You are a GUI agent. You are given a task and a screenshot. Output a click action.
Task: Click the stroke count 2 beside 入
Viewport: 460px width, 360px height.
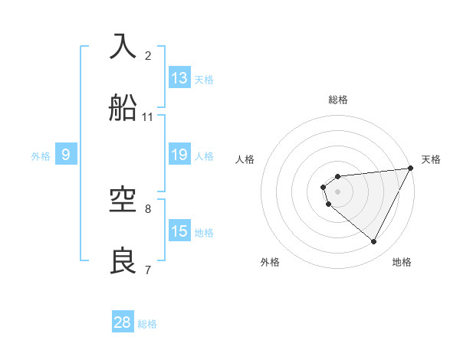(x=148, y=56)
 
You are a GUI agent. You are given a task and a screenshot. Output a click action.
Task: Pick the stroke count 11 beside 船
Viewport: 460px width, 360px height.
(x=148, y=117)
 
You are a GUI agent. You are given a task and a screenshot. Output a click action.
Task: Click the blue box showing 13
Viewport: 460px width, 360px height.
(x=179, y=78)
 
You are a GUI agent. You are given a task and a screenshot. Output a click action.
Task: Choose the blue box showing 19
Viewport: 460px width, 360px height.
(x=179, y=155)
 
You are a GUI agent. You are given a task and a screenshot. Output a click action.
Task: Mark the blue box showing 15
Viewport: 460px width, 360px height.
(x=179, y=231)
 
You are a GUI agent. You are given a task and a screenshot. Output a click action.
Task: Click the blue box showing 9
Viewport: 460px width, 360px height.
(x=66, y=155)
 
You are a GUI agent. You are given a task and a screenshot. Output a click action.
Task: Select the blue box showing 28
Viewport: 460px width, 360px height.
(x=123, y=322)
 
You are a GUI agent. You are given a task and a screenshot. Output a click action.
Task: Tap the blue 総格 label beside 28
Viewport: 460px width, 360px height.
(x=147, y=324)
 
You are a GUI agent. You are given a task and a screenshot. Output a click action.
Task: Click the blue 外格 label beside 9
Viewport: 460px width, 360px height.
(x=41, y=156)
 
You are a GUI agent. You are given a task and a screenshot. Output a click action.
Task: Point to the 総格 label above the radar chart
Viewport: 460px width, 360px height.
(x=338, y=100)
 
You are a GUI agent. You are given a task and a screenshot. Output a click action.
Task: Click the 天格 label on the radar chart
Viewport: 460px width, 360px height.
(x=431, y=159)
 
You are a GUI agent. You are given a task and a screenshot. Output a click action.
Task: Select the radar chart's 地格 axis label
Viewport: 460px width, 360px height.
(x=402, y=262)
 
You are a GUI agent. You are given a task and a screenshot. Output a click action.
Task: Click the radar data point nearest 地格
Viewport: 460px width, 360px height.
(x=374, y=242)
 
